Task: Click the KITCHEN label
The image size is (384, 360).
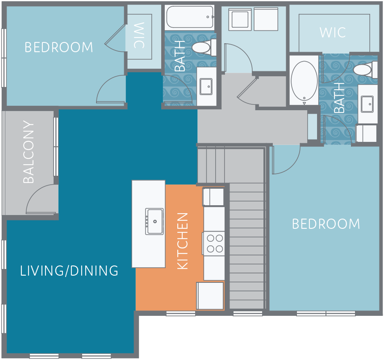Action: point(183,241)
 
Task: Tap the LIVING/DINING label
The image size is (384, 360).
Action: point(69,271)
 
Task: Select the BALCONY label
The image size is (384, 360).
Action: point(29,152)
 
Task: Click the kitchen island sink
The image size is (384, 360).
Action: point(154,221)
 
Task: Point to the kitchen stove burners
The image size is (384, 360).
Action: point(214,244)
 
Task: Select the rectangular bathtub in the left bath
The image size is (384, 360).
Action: point(190,17)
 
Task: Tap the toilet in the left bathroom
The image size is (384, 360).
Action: point(203,47)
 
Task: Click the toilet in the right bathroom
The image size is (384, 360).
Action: point(363,70)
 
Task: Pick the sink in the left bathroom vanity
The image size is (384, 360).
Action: point(206,86)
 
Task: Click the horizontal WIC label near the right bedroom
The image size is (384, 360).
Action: point(333,33)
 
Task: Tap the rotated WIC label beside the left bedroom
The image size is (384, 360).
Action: point(139,36)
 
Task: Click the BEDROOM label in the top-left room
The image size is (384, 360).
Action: point(59,47)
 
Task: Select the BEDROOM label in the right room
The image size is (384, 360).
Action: point(326,223)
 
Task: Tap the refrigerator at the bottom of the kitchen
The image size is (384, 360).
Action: point(210,296)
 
